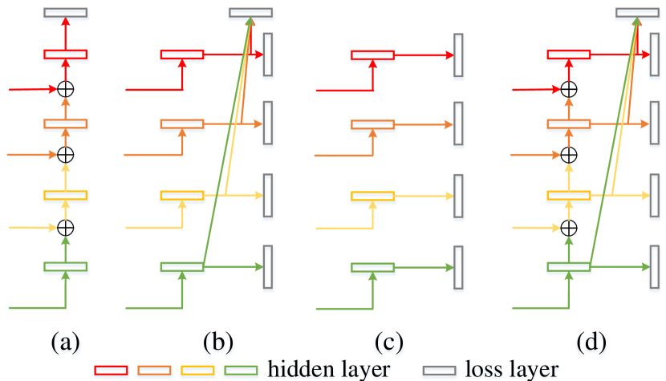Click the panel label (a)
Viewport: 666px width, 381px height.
click(66, 343)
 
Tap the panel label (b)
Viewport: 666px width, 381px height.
click(217, 343)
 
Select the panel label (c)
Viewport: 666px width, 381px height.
click(389, 343)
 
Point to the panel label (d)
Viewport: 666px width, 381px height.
click(592, 343)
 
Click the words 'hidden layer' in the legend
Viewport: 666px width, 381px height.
click(329, 370)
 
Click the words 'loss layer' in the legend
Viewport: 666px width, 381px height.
click(512, 370)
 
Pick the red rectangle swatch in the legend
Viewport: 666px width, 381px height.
click(111, 371)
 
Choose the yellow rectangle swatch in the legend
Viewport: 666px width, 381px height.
click(197, 371)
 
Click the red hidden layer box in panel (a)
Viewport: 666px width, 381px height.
click(66, 56)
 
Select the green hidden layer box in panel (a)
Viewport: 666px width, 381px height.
click(66, 268)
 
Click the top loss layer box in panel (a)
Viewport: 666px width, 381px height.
click(66, 14)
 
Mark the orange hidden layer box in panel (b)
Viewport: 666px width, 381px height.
click(183, 125)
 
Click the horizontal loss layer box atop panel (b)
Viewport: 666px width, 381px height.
click(251, 14)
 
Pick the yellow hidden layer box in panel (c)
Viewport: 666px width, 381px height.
click(372, 197)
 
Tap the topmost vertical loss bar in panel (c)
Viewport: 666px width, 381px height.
click(458, 57)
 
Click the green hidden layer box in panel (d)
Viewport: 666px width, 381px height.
click(569, 268)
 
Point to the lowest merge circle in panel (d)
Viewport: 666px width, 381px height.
click(569, 229)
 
